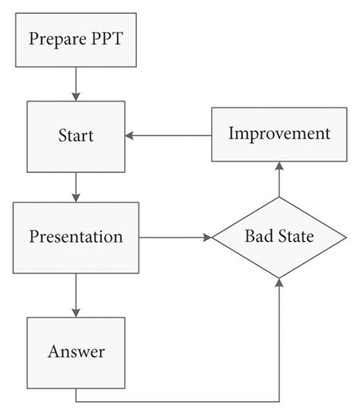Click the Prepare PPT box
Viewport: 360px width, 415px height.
click(x=75, y=39)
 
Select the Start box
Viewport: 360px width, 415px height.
click(x=75, y=136)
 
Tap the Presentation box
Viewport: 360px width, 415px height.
click(x=75, y=236)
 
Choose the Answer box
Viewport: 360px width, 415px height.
click(x=75, y=351)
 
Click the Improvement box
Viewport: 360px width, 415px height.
click(x=279, y=135)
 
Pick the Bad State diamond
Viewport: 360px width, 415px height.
click(x=279, y=236)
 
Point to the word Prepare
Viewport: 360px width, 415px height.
click(x=58, y=39)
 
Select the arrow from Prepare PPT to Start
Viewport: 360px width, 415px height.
click(x=75, y=83)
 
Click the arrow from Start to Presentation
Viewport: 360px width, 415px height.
click(x=75, y=186)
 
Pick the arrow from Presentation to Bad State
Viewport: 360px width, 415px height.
click(x=175, y=237)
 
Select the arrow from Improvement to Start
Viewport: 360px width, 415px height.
click(x=168, y=135)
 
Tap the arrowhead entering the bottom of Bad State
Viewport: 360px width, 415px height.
click(x=279, y=283)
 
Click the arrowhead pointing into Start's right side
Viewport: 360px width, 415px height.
click(x=130, y=135)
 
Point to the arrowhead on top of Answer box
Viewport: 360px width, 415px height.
click(x=75, y=312)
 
